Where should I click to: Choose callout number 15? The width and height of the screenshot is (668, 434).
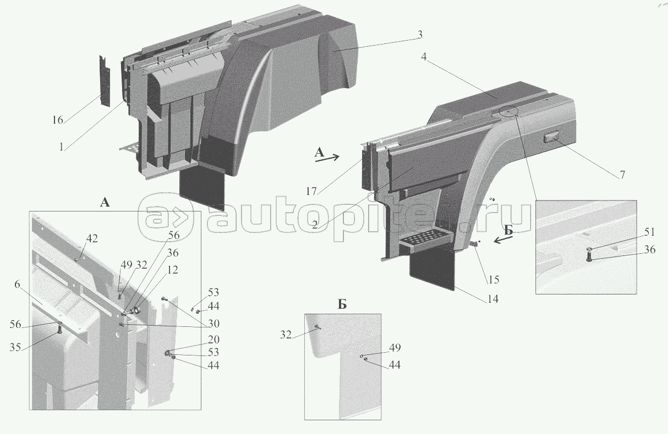(494, 280)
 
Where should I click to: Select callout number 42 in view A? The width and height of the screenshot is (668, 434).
(92, 238)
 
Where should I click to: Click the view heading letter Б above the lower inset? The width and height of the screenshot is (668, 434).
(342, 305)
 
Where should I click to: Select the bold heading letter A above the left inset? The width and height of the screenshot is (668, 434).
(105, 202)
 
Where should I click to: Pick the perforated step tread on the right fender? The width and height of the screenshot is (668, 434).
(425, 240)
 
